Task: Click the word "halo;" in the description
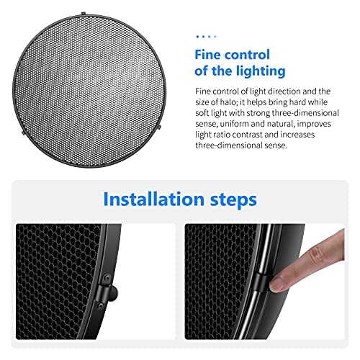pos(228,102)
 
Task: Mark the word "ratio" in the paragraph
pos(223,134)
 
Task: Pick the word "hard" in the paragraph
pos(298,102)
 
